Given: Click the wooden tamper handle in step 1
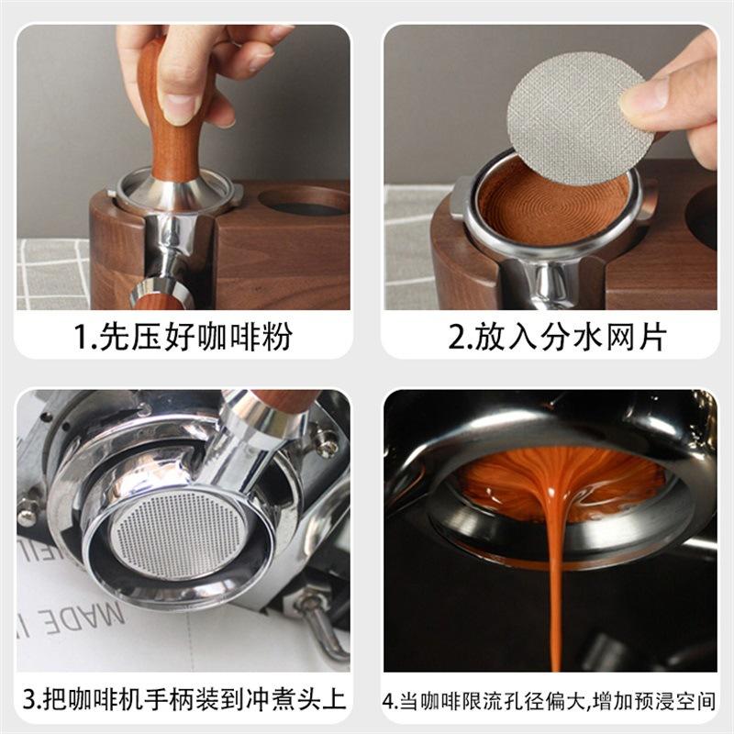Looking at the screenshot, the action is pos(173,117).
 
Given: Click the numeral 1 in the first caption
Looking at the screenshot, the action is pos(80,337).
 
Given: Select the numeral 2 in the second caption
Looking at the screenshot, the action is pos(456,337).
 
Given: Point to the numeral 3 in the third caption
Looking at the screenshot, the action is pos(29,699).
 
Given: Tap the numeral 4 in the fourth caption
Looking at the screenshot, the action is pos(388,702).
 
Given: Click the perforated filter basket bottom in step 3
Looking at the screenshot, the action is pos(178,534).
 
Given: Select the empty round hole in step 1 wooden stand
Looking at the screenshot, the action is pos(305,202).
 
